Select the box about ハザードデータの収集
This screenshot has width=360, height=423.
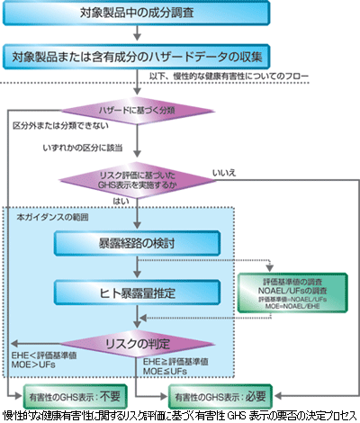(x=135, y=57)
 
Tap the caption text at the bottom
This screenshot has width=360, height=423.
(x=180, y=415)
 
